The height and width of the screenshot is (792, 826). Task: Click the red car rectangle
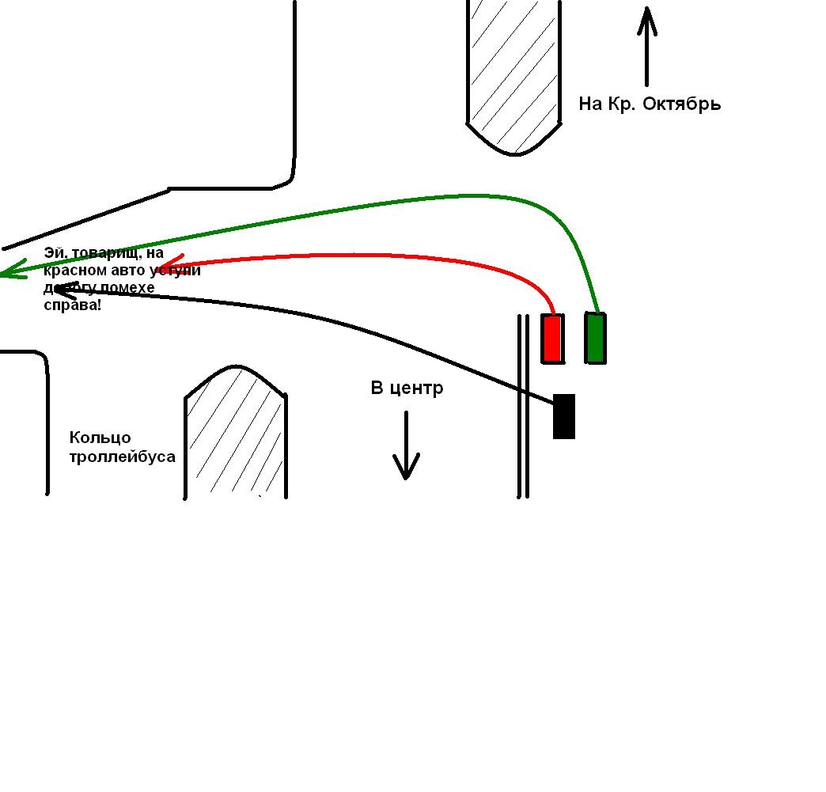(552, 339)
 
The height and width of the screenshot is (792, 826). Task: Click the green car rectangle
(596, 338)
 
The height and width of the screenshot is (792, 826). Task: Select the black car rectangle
(563, 416)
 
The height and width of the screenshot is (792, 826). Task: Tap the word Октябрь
(681, 104)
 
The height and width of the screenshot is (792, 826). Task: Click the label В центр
(407, 388)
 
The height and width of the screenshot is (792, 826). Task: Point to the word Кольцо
(100, 438)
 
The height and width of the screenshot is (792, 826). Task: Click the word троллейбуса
(123, 457)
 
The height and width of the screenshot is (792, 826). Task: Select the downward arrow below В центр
(406, 446)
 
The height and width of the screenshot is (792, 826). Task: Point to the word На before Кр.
(591, 104)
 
